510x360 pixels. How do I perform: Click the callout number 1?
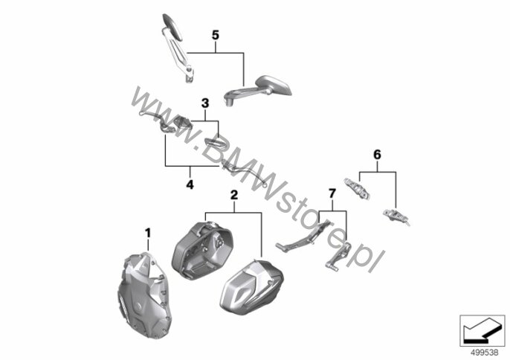[148, 233]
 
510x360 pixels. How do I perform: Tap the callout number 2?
[234, 195]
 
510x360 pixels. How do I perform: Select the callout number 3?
[205, 103]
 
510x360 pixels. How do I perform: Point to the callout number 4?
[190, 184]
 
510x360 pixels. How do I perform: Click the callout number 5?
[216, 35]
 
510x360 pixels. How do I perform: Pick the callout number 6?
[377, 155]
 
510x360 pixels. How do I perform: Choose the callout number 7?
[332, 193]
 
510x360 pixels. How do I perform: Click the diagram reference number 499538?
[484, 353]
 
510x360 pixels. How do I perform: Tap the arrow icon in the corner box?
[480, 332]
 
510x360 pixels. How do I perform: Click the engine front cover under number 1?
[141, 292]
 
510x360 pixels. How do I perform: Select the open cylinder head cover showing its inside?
[201, 249]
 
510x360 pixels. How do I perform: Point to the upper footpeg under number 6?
[357, 188]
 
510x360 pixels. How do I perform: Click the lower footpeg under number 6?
[396, 216]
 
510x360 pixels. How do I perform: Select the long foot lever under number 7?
[302, 236]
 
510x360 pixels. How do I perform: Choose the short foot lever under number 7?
[338, 256]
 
